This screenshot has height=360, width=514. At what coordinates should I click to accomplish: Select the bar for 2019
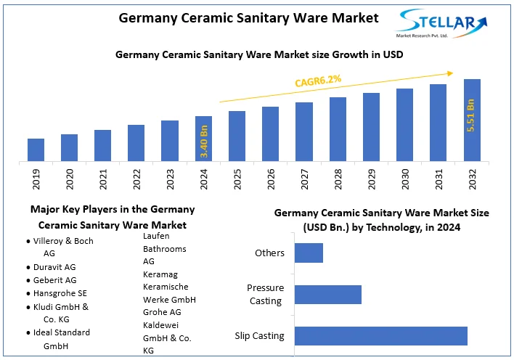(x=36, y=150)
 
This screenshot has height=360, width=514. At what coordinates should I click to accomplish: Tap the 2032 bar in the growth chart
(x=472, y=120)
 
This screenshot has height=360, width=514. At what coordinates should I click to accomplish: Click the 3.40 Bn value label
(x=204, y=142)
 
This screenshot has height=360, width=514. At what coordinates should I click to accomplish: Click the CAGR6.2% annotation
(x=318, y=80)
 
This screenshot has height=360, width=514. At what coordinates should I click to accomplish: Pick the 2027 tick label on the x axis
(x=304, y=179)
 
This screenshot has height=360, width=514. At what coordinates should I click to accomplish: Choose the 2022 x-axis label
(x=136, y=179)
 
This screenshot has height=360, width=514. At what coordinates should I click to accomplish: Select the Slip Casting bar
(x=380, y=336)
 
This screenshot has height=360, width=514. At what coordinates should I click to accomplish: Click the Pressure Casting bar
(x=328, y=294)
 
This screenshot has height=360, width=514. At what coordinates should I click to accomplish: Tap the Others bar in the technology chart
(x=309, y=253)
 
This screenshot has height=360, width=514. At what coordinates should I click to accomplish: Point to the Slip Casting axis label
(x=259, y=336)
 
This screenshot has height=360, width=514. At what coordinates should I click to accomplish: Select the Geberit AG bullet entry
(x=54, y=280)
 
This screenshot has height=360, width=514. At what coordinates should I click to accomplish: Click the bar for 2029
(x=371, y=127)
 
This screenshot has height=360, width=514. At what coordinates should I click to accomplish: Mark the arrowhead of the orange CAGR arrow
(x=452, y=73)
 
